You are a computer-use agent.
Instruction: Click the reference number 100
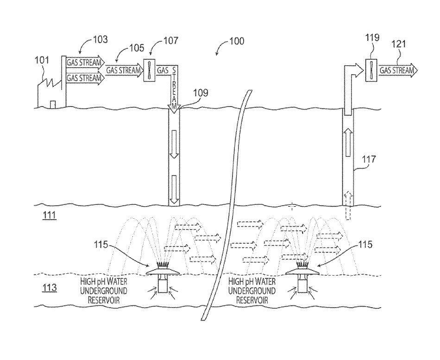coord(237,41)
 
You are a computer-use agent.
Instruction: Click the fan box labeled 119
coord(372,70)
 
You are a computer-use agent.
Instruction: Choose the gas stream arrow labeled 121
coord(398,70)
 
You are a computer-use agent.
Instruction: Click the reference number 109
coord(201,93)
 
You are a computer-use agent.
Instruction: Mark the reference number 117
coord(370,160)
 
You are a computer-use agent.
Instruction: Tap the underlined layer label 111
coord(50,215)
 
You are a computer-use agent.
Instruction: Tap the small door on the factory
coord(53,104)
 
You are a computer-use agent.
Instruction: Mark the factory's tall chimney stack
coord(63,82)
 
